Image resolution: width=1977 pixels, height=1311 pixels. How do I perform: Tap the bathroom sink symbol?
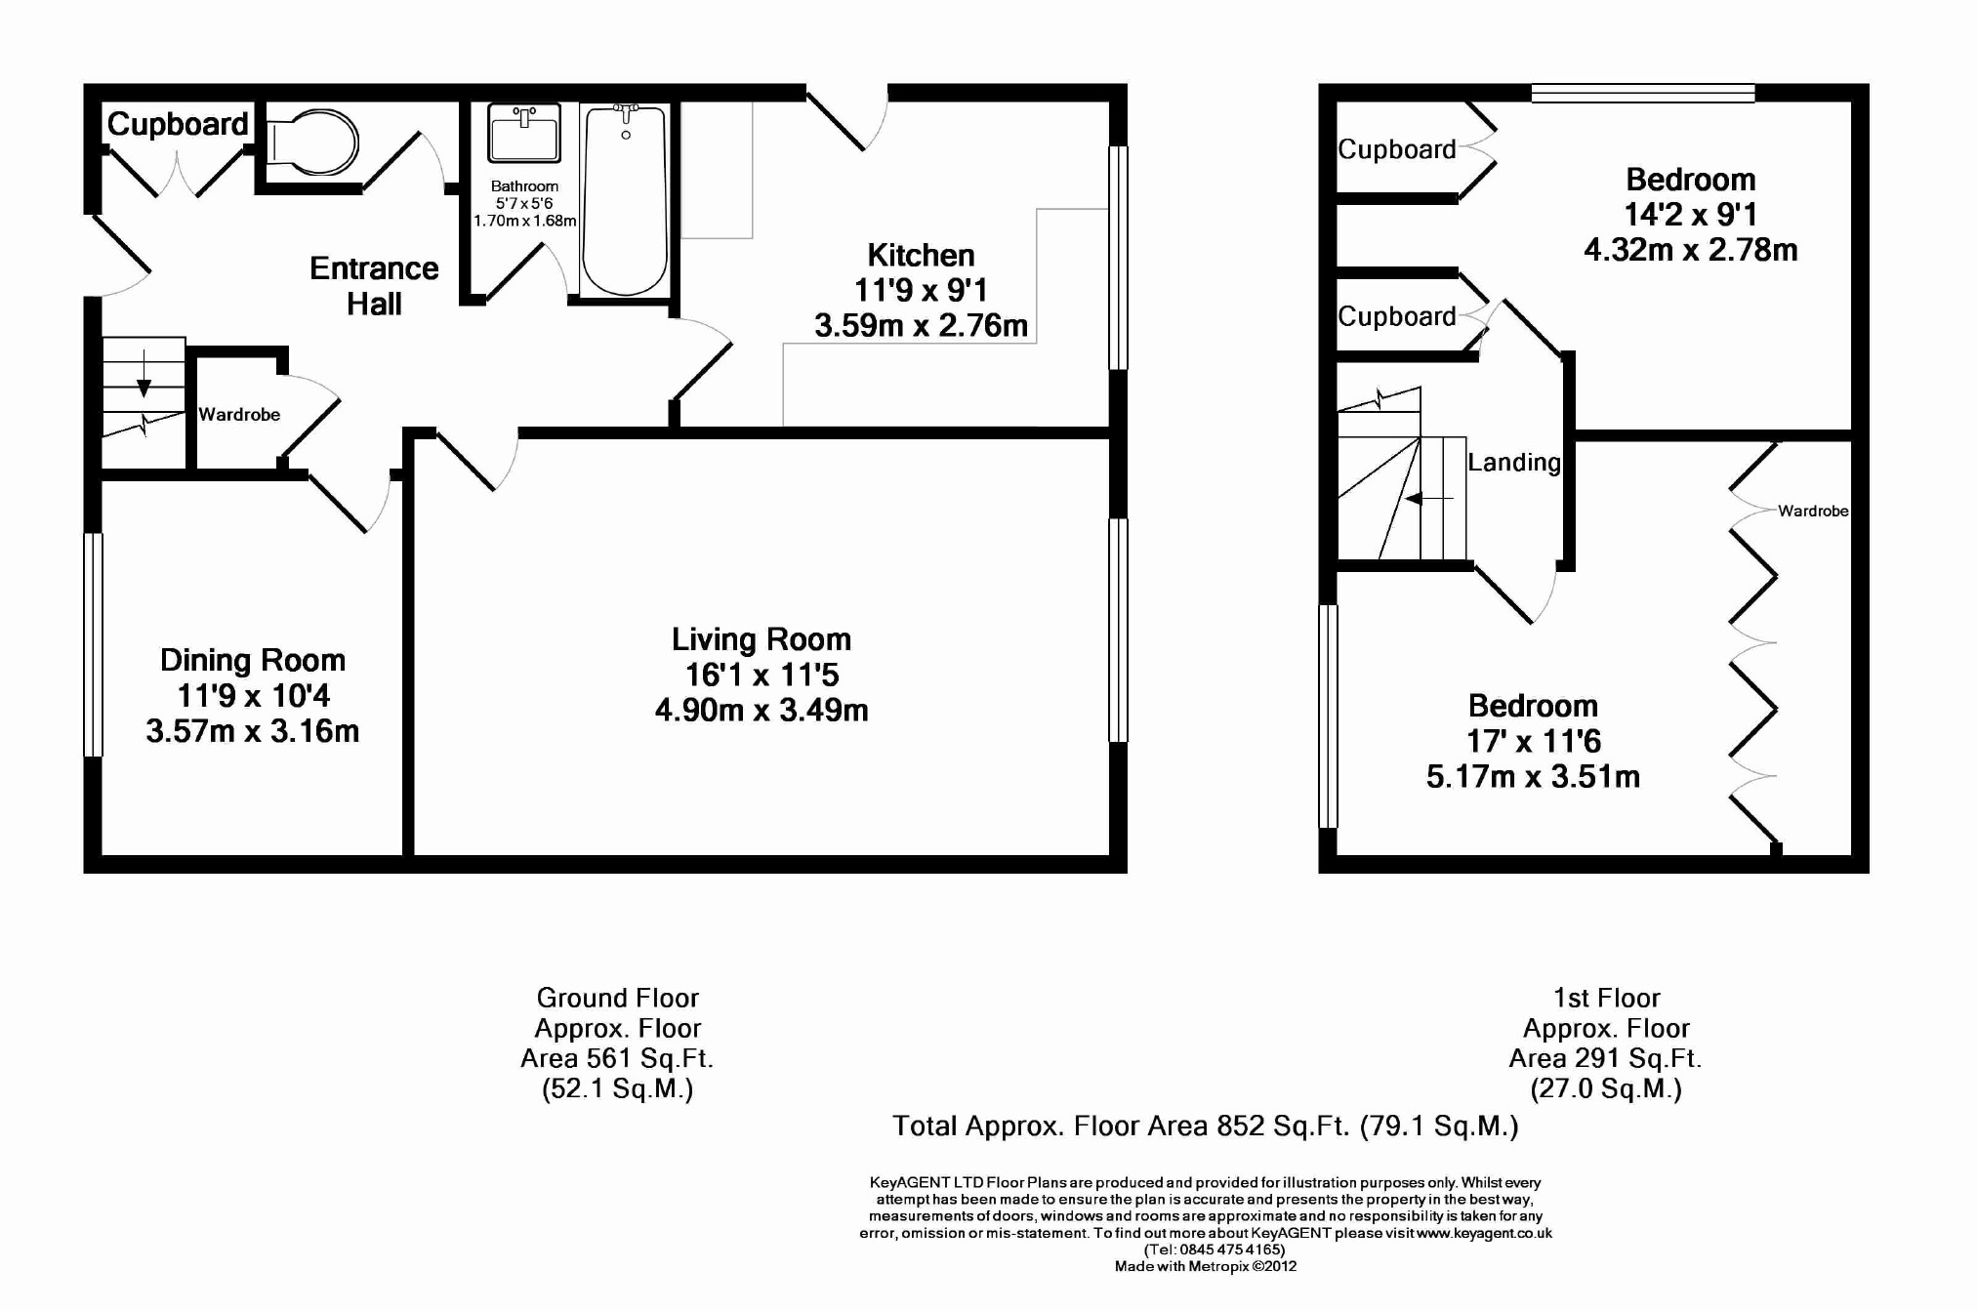tap(524, 133)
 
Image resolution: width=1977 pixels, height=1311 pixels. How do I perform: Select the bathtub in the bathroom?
tap(625, 199)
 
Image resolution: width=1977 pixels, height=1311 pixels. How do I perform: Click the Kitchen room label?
tap(921, 256)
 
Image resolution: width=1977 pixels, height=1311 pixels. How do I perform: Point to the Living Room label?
tap(762, 639)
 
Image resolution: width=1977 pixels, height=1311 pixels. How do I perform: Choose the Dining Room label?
tap(253, 661)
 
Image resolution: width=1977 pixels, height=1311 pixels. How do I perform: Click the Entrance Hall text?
tap(374, 286)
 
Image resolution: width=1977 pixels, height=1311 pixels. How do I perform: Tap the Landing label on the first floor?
tap(1514, 463)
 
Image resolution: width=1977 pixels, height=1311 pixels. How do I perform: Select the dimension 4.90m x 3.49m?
tap(762, 711)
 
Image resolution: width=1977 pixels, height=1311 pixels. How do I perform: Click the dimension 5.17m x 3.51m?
tap(1533, 777)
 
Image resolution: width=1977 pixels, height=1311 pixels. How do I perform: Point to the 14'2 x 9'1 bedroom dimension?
tap(1691, 215)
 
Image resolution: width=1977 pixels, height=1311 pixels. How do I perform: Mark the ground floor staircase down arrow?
tap(144, 374)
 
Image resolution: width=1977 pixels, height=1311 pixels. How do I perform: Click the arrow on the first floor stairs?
tap(1429, 499)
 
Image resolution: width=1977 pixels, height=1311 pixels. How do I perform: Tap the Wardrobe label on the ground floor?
tap(239, 415)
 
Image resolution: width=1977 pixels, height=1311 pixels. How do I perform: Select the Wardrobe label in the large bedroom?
tap(1813, 511)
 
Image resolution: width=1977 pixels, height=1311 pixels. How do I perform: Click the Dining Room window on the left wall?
tap(93, 644)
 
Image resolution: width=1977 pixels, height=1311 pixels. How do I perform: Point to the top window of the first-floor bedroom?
tap(1643, 94)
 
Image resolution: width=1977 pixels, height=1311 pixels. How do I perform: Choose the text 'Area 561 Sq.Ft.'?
tap(617, 1059)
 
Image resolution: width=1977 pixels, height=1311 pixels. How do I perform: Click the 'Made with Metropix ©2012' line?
tap(1206, 1267)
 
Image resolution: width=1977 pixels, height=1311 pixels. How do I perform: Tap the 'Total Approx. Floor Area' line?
tap(1206, 1127)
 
